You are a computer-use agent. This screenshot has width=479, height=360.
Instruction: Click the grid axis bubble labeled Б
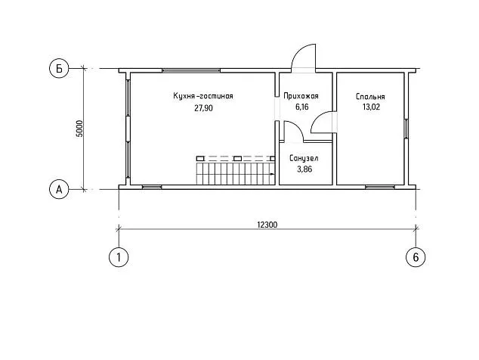pyautogui.click(x=59, y=69)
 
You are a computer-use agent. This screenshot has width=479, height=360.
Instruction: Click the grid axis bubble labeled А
pyautogui.click(x=59, y=190)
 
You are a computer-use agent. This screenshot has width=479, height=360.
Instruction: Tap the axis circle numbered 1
pyautogui.click(x=119, y=257)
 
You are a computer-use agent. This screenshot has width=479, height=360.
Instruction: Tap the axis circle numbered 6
pyautogui.click(x=416, y=257)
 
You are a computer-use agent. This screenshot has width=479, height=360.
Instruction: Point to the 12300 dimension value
pyautogui.click(x=267, y=225)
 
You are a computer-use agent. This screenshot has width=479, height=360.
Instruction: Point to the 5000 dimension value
pyautogui.click(x=79, y=129)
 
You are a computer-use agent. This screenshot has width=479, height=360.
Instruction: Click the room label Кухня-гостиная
pyautogui.click(x=203, y=96)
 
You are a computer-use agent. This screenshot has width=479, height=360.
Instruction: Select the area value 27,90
pyautogui.click(x=203, y=108)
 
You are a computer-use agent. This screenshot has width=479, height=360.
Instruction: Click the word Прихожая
pyautogui.click(x=301, y=96)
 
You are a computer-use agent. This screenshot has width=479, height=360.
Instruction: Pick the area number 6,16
pyautogui.click(x=301, y=107)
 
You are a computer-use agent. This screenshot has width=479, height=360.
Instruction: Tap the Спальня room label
pyautogui.click(x=370, y=97)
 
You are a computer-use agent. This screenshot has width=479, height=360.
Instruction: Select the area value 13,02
pyautogui.click(x=371, y=107)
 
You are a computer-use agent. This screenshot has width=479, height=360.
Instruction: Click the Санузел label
pyautogui.click(x=304, y=158)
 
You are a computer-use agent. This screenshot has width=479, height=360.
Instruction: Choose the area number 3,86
pyautogui.click(x=304, y=169)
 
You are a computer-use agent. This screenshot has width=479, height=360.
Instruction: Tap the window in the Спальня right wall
pyautogui.click(x=406, y=129)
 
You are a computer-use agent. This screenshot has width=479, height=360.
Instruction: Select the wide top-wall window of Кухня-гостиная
pyautogui.click(x=191, y=70)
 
